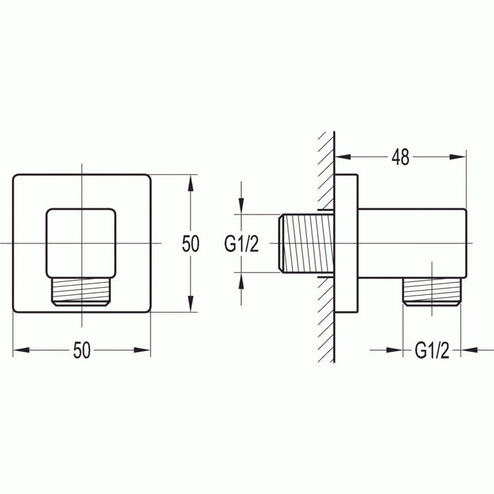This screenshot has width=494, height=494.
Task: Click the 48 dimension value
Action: coord(401,158)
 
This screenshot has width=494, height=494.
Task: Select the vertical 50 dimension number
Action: coord(191,243)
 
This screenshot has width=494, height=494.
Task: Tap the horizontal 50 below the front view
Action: coord(83,351)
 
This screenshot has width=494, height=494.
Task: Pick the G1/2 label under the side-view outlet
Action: coord(432,350)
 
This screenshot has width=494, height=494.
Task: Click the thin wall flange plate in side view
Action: coord(347,243)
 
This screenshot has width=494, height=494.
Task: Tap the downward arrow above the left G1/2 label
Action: coord(241,207)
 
